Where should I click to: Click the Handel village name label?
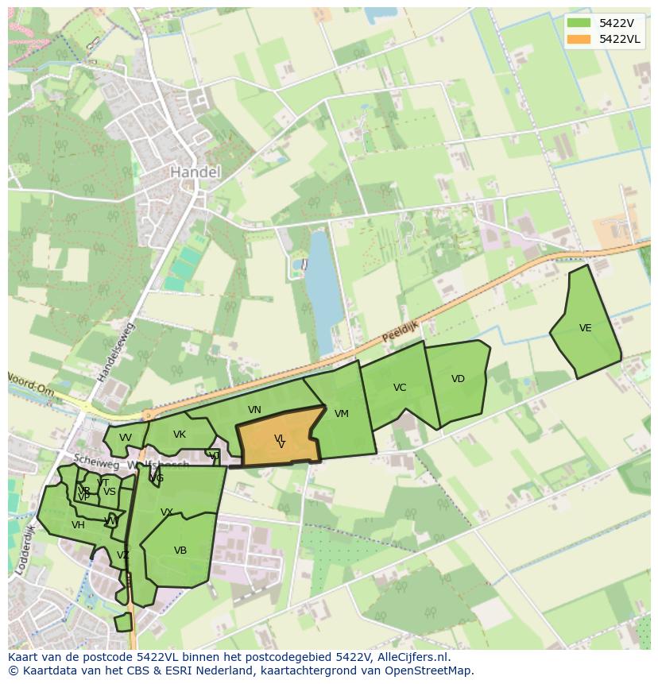pos(195,172)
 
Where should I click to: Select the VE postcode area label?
pos(585,328)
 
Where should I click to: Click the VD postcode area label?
pos(458,379)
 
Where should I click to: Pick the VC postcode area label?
pos(400,388)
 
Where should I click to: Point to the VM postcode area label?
pos(342,414)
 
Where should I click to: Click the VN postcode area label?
pos(254,410)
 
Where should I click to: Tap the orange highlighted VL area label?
pos(280,439)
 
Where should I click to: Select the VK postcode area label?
pos(179,435)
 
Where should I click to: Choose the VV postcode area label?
pos(125,438)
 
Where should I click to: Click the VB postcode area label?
pos(180,551)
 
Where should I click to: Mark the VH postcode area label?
pos(78,525)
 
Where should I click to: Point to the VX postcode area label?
pos(167,512)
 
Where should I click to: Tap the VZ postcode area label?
pos(122,555)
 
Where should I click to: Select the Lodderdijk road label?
pos(25,548)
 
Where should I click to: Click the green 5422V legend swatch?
pos(579,23)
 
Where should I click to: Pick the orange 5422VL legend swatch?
pos(579,39)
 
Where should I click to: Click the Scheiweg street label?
pos(90,459)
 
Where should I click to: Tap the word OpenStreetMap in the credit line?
pos(434,670)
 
